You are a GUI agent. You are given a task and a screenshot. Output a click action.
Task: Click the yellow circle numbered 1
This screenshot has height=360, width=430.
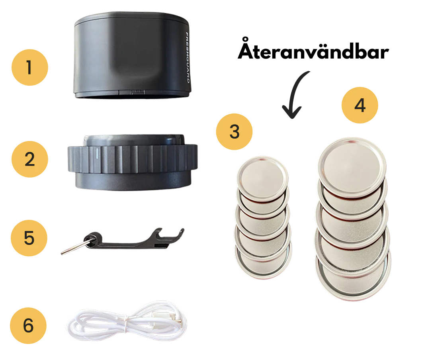[x=29, y=68]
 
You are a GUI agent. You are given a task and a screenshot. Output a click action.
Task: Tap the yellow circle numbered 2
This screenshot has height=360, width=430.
[x=29, y=159]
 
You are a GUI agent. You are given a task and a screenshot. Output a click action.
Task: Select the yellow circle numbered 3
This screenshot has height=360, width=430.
[x=234, y=132]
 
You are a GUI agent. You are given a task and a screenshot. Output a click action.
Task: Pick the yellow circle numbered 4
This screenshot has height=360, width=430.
[x=360, y=105]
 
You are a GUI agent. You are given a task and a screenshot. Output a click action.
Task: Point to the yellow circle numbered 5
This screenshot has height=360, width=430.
[x=29, y=238]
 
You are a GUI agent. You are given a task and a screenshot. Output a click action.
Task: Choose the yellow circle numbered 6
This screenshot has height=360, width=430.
[x=28, y=326]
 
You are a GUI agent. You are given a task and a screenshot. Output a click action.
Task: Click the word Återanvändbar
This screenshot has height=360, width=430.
[x=313, y=49]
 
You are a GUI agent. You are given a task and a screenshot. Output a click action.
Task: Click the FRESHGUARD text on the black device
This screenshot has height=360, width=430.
[x=188, y=58]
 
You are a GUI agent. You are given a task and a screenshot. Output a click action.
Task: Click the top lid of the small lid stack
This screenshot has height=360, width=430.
[x=262, y=179]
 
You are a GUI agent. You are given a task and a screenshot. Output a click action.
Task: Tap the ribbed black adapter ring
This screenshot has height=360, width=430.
[x=133, y=162]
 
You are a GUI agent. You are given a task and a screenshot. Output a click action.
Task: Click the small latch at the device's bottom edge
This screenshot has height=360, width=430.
[x=137, y=92]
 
